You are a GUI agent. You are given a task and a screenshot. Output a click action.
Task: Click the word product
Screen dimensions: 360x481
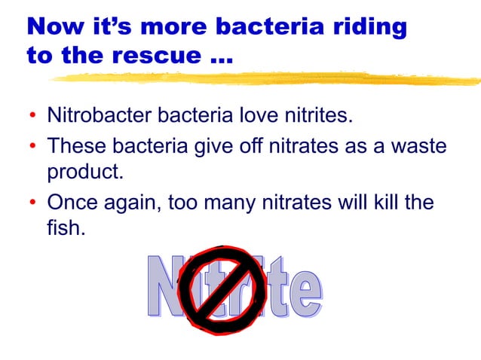85,172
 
